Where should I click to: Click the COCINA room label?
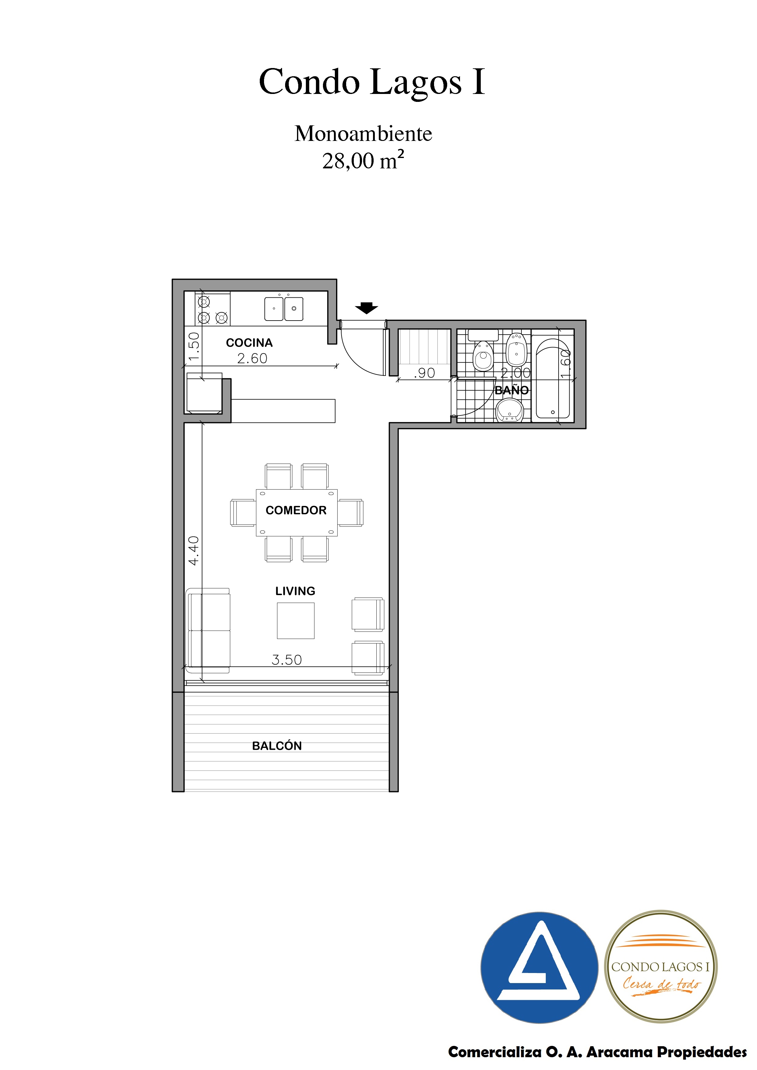click(249, 343)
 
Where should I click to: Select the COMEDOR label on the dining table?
click(296, 510)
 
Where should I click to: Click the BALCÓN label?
click(277, 746)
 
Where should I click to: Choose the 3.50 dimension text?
click(287, 660)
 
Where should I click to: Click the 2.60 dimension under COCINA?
click(252, 358)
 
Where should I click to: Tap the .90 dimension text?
click(425, 373)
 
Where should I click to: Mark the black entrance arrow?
click(367, 308)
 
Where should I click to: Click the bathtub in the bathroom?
click(553, 379)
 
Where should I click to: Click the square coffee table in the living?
click(296, 621)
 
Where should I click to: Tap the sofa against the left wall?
click(208, 630)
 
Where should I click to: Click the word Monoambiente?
click(363, 134)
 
